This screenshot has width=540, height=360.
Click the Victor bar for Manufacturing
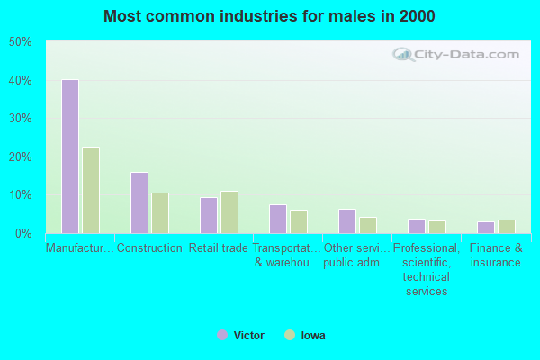tap(69, 157)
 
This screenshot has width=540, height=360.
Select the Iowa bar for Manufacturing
tap(90, 190)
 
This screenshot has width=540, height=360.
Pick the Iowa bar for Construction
tap(159, 213)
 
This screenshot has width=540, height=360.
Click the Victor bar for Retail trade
tap(208, 215)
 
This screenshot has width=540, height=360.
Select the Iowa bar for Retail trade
tap(229, 212)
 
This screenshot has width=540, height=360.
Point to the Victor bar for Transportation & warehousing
tap(277, 219)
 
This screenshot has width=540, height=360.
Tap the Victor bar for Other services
tap(346, 221)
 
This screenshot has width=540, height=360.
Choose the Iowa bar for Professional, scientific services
tap(436, 227)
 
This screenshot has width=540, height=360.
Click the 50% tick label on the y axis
tap(20, 42)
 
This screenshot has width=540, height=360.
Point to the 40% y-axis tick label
tap(20, 81)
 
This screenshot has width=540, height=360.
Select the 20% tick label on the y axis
tap(20, 157)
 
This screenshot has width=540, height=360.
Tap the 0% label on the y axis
tap(23, 233)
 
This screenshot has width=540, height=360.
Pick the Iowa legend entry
tap(306, 336)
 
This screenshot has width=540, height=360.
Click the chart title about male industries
tap(269, 16)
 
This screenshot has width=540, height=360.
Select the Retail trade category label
tap(218, 248)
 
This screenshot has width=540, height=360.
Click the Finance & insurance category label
tap(495, 256)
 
